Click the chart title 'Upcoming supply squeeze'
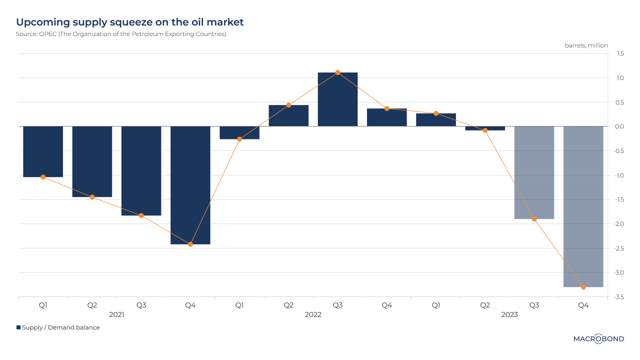tap(130, 22)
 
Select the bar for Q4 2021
tap(190, 185)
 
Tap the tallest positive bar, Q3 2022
tap(337, 99)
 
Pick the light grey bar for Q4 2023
tap(583, 206)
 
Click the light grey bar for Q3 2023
tap(534, 172)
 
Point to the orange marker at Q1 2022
tap(239, 139)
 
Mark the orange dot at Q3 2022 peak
tap(337, 72)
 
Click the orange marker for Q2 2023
tap(485, 130)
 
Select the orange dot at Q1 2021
tap(43, 177)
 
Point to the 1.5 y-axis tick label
tap(620, 53)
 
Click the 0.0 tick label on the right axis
tap(619, 126)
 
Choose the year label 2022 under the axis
tap(313, 315)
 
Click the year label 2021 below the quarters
tap(116, 315)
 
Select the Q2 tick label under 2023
tap(485, 304)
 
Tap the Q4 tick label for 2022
tap(386, 304)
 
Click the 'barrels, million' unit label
tap(586, 45)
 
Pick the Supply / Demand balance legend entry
tap(58, 327)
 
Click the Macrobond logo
tap(598, 339)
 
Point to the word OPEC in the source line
tap(48, 34)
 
